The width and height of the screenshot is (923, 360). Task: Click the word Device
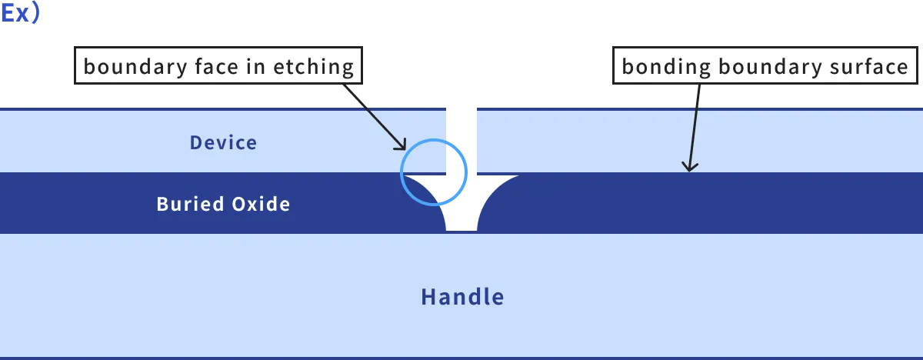click(x=223, y=142)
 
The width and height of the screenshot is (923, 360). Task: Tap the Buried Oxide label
click(x=223, y=204)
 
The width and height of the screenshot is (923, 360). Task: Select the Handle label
click(x=462, y=297)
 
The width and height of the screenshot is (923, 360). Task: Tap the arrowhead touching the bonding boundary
click(x=689, y=165)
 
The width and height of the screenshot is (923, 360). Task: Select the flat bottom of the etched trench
click(x=461, y=227)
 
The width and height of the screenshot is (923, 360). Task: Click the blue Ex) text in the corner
click(x=21, y=13)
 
